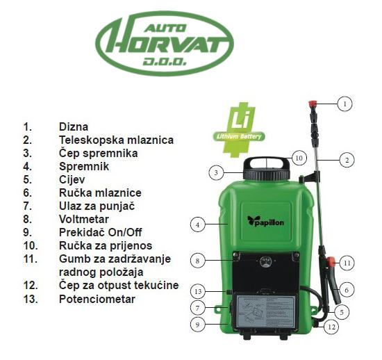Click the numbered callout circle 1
[x=344, y=104]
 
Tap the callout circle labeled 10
[x=299, y=158]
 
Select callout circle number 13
[x=198, y=291]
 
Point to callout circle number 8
[x=197, y=261]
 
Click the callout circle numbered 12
[x=331, y=327]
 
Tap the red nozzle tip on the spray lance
[x=312, y=105]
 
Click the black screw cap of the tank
[x=267, y=174]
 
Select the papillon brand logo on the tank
[x=265, y=221]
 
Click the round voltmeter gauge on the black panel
[x=265, y=261]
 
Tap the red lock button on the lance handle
[x=331, y=262]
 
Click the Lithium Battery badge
[x=239, y=130]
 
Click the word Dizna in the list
[x=74, y=126]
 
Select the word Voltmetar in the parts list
[x=84, y=219]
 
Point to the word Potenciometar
[x=97, y=299]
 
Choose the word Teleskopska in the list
[x=92, y=140]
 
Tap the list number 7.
[x=28, y=206]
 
